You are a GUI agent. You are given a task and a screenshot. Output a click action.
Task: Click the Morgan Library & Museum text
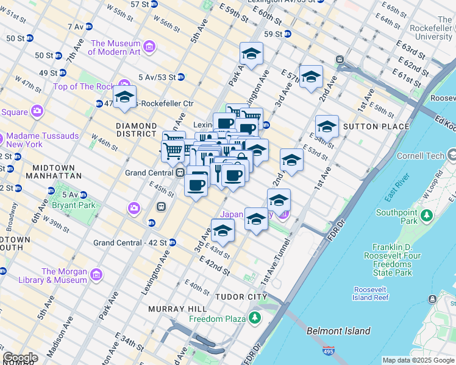(x=64, y=276)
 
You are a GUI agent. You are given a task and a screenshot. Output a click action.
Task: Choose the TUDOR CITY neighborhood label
(x=241, y=296)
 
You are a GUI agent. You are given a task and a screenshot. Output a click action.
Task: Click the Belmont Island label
(x=338, y=331)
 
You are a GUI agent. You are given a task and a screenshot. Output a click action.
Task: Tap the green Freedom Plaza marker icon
(x=254, y=318)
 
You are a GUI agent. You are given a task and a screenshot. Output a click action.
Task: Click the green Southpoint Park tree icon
(x=427, y=215)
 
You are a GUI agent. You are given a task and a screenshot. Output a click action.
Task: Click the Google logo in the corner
(x=20, y=358)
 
